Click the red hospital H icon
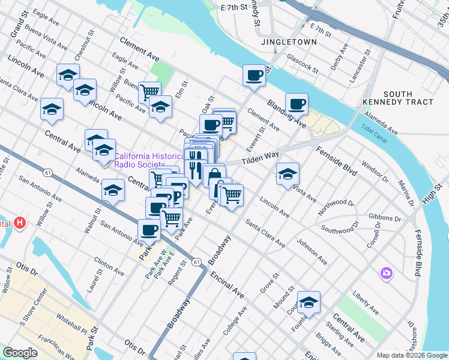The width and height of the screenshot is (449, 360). click(x=21, y=223)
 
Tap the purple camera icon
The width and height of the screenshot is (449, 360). click(x=386, y=274)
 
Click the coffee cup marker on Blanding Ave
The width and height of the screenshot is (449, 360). click(x=297, y=104)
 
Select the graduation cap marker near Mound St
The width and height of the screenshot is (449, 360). click(x=309, y=302)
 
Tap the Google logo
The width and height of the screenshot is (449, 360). click(x=20, y=353)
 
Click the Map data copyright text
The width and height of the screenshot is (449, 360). click(x=411, y=355)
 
